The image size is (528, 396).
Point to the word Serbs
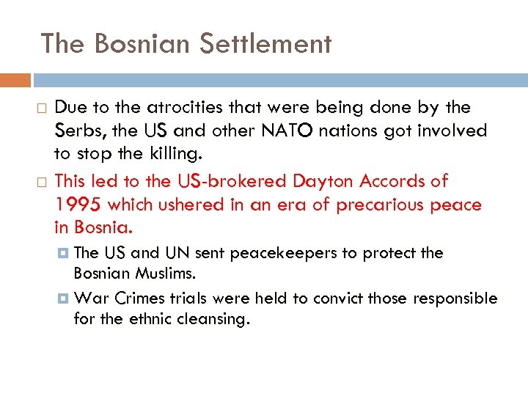73,131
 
